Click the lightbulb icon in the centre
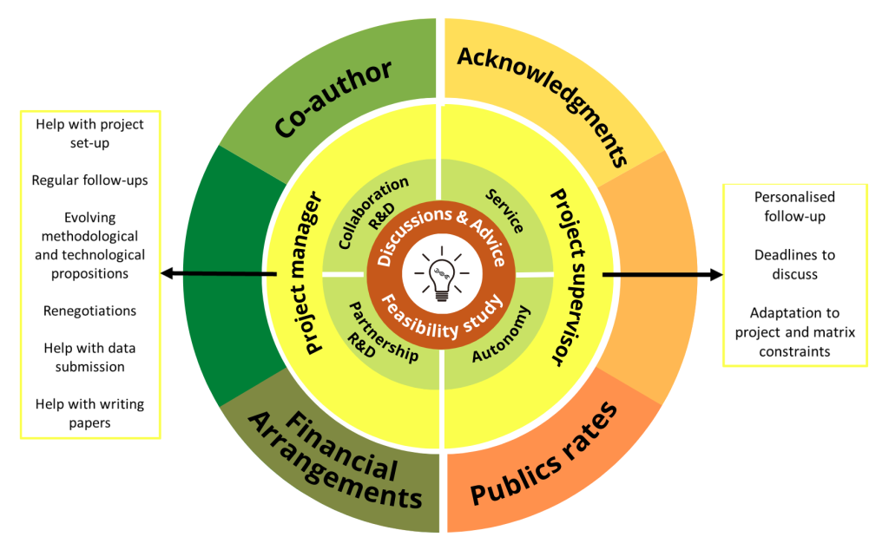pos(442,274)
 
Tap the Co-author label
pos(333,97)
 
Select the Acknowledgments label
pos(543,106)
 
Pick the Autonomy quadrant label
pos(501,334)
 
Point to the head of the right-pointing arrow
pos(717,274)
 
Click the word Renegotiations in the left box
pos(89,311)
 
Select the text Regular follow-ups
pos(89,180)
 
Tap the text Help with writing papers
pos(89,413)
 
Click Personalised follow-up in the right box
pos(794,206)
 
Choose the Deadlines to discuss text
pos(794,265)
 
